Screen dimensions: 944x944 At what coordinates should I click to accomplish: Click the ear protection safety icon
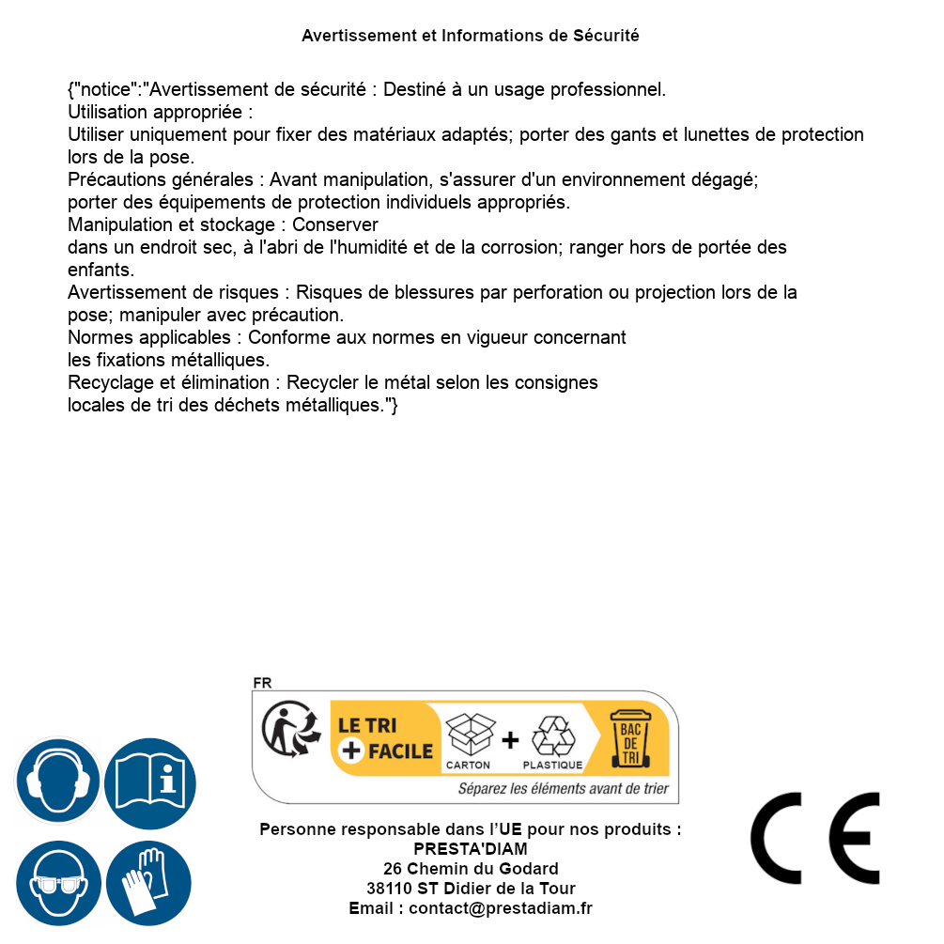click(x=57, y=781)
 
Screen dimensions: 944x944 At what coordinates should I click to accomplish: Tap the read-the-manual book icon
click(x=150, y=781)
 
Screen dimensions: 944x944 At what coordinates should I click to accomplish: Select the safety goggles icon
click(x=57, y=884)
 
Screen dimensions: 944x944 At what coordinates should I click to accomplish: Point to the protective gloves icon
click(x=150, y=884)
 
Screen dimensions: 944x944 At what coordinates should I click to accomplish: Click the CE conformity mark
click(x=815, y=838)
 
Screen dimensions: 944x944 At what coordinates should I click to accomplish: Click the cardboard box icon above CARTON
click(x=469, y=735)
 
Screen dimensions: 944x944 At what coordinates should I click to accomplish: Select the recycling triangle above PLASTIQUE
click(x=552, y=736)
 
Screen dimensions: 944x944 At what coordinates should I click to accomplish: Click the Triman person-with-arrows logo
click(x=286, y=731)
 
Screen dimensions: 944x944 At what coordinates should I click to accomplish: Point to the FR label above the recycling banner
click(x=262, y=683)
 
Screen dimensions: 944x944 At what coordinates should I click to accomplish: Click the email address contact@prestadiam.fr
click(x=501, y=908)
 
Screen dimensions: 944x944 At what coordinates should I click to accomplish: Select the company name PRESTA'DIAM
click(x=471, y=849)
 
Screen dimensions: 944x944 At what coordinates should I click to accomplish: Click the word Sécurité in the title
click(x=606, y=36)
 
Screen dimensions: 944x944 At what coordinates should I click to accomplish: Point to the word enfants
click(x=100, y=271)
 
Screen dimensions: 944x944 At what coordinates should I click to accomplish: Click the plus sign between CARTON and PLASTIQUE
click(x=510, y=740)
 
